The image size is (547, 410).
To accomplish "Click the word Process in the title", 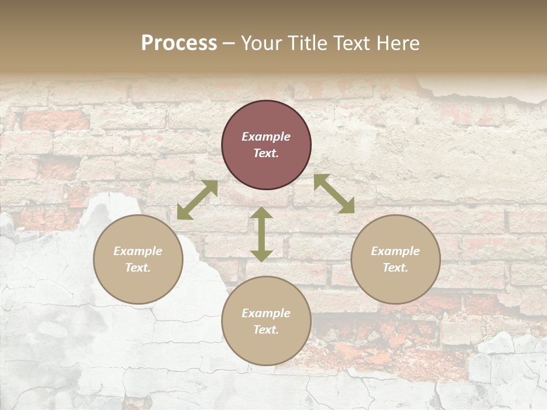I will pyautogui.click(x=179, y=43).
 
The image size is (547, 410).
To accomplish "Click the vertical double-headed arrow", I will pyautogui.click(x=261, y=234).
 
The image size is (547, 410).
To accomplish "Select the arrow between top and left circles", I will pyautogui.click(x=197, y=199).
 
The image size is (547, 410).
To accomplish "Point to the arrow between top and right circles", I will pyautogui.click(x=334, y=194).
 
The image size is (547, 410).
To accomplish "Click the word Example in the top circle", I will pyautogui.click(x=266, y=137).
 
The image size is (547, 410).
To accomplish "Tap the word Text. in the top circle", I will pyautogui.click(x=266, y=153).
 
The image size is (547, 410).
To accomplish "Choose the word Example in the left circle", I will pyautogui.click(x=138, y=251).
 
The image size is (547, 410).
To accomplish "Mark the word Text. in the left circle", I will pyautogui.click(x=138, y=268).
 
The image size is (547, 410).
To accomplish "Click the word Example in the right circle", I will pyautogui.click(x=395, y=251).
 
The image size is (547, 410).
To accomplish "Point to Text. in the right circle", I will pyautogui.click(x=395, y=268).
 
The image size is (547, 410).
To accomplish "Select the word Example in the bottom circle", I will pyautogui.click(x=266, y=313).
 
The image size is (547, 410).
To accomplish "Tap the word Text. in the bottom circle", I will pyautogui.click(x=266, y=330).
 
